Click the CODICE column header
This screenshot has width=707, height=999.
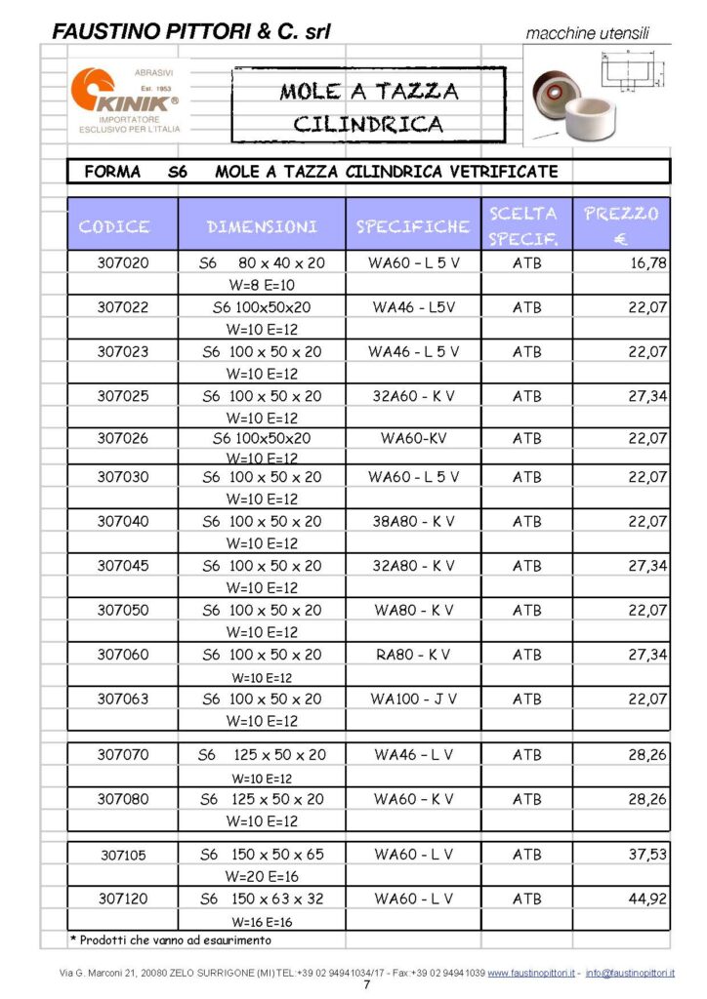[113, 226]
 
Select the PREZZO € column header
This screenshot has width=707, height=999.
[621, 224]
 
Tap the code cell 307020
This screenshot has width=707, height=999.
[123, 262]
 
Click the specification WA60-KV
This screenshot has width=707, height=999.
[413, 438]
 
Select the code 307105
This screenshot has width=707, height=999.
[123, 855]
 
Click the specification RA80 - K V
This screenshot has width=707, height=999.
[413, 654]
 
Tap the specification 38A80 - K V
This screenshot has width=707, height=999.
[413, 521]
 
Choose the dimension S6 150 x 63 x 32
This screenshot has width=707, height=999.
[262, 898]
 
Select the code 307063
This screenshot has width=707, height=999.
[123, 699]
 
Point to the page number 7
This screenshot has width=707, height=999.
[366, 985]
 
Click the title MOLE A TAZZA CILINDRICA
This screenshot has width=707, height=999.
[368, 106]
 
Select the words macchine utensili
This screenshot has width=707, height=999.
[586, 34]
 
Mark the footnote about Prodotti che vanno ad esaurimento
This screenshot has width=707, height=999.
[170, 939]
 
